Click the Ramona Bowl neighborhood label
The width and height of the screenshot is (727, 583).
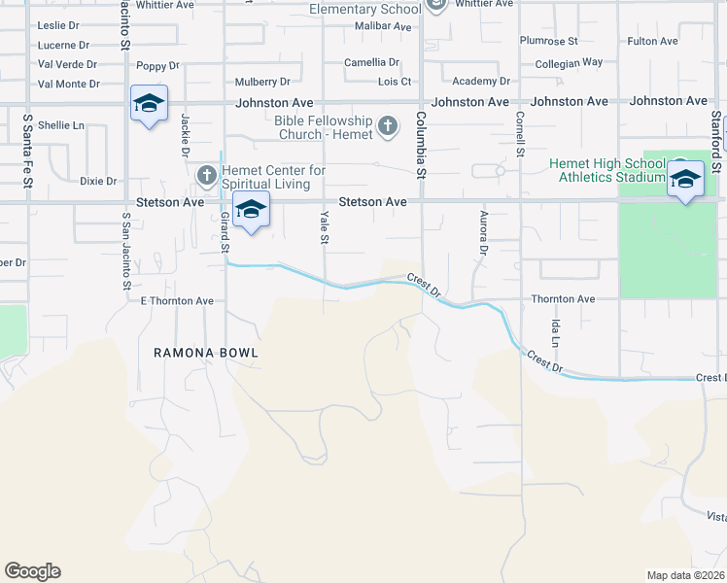pos(206,353)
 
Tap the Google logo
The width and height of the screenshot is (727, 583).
pos(32,571)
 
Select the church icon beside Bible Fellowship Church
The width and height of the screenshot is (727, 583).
pos(387,126)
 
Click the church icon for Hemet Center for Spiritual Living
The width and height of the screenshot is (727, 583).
pos(206,176)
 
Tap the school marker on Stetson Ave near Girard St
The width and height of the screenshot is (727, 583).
pos(251,211)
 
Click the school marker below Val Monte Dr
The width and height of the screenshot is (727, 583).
pos(149,104)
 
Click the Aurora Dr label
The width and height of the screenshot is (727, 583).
pos(482,233)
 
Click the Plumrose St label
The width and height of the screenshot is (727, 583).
pos(548,41)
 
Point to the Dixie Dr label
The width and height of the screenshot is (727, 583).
pos(98,181)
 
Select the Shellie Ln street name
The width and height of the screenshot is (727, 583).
pos(61,125)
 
